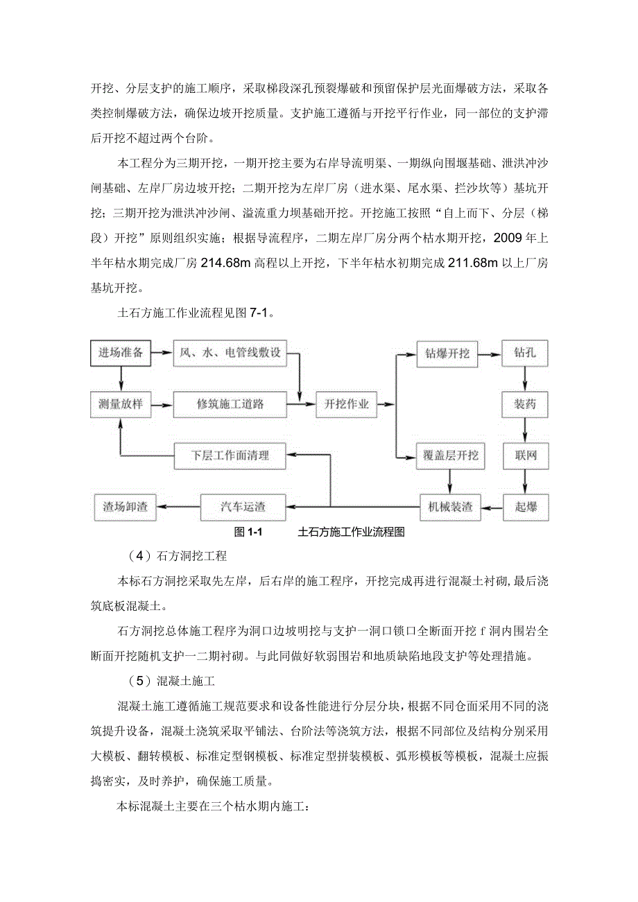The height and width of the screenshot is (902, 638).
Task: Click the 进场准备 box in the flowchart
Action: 121,353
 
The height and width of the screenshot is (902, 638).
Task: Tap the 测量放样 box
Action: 121,404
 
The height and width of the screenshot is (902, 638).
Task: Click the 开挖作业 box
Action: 347,404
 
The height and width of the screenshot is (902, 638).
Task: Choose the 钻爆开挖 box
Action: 447,354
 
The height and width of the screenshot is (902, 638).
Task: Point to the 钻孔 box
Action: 525,354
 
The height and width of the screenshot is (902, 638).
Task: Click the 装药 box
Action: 525,404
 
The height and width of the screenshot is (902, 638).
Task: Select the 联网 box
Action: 525,456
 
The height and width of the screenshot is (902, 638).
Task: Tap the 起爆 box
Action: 525,507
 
